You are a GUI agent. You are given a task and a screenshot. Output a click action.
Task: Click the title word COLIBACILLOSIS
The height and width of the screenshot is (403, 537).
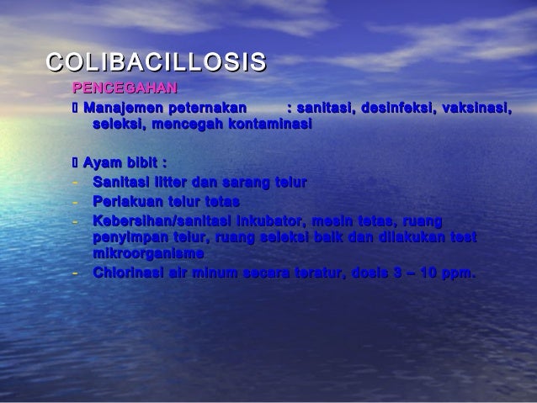click(156, 61)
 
